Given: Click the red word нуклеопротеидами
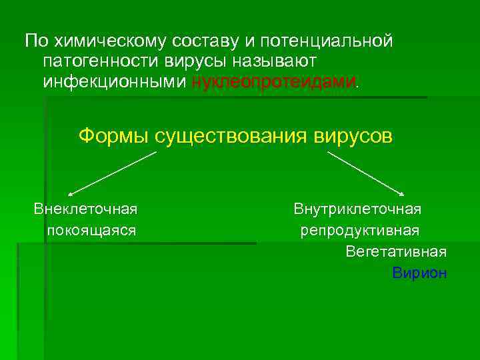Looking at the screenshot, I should click(274, 82).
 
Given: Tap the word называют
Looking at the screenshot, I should click(269, 61).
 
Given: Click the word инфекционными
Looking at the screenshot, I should click(115, 82).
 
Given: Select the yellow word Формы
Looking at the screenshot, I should click(113, 136).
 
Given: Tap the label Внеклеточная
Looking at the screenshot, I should click(86, 209).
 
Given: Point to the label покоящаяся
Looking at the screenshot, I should click(91, 231).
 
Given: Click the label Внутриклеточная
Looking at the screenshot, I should click(357, 209).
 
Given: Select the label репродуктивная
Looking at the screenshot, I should click(359, 231).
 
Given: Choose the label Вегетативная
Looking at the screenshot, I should click(396, 252).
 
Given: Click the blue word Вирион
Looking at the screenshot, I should click(419, 273).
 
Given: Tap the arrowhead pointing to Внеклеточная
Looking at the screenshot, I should click(71, 192).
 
